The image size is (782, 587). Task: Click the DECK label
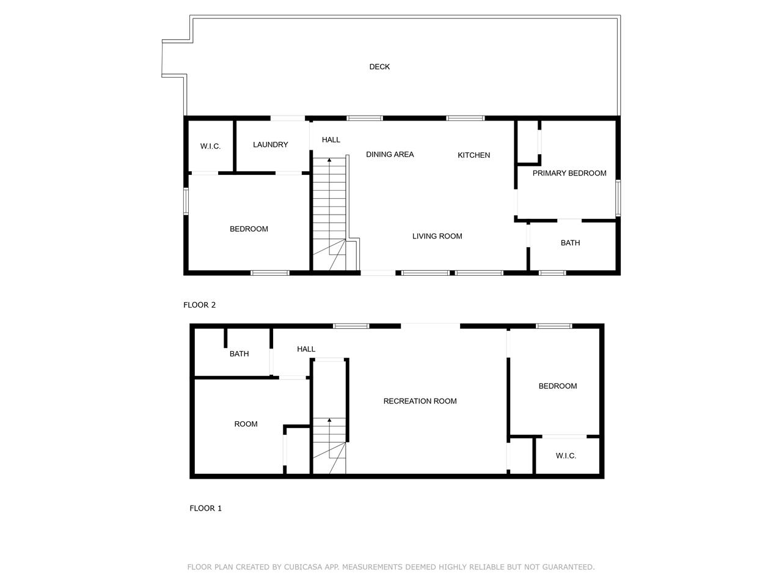tap(379, 67)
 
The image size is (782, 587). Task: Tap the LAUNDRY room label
tap(270, 144)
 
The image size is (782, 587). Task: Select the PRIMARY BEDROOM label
tap(569, 173)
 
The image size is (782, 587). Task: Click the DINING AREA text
tap(389, 154)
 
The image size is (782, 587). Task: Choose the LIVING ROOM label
tap(437, 236)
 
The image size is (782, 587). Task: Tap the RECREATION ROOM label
tap(420, 401)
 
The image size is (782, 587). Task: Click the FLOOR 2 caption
tap(199, 305)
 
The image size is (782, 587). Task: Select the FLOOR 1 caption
tap(205, 508)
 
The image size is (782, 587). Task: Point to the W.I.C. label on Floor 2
tap(210, 146)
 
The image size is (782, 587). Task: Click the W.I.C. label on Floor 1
tap(565, 456)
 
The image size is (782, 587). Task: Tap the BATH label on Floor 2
tap(570, 243)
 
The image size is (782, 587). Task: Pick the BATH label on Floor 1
tap(239, 353)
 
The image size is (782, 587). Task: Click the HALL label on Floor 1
tap(306, 349)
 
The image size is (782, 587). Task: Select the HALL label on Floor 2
tap(331, 139)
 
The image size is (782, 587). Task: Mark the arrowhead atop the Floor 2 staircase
tap(329, 160)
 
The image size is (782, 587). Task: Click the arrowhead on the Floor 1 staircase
tap(329, 420)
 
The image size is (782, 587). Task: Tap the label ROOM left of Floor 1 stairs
tap(246, 424)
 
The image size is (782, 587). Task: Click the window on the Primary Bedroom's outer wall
tap(618, 198)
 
